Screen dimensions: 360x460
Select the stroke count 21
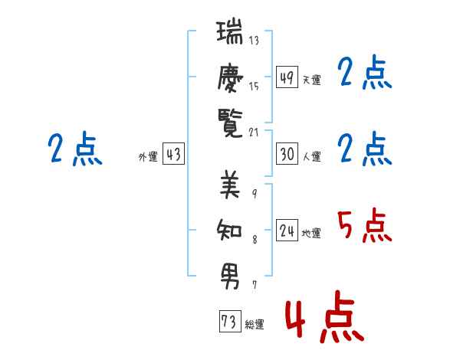pos(254,131)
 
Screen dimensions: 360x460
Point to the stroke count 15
pos(254,86)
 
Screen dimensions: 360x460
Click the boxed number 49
pos(287,77)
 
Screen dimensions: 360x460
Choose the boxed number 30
pos(287,154)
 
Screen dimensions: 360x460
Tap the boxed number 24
pos(287,231)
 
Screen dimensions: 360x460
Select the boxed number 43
pos(173,154)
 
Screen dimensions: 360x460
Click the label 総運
pos(255,325)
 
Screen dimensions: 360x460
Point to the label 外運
pos(147,157)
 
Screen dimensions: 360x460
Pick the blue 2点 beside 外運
pos(74,149)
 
